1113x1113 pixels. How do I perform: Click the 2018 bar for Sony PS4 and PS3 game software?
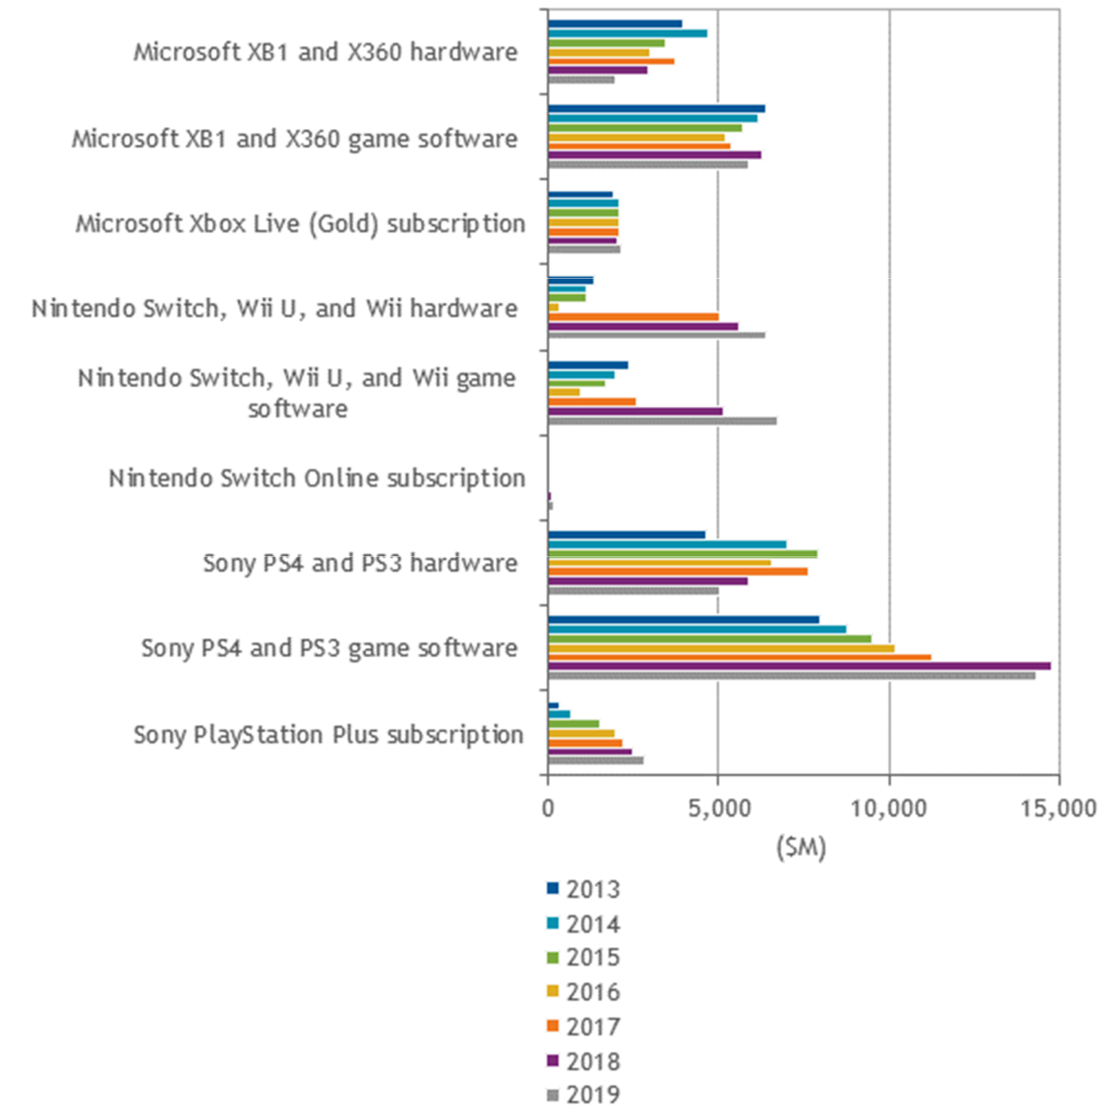[798, 666]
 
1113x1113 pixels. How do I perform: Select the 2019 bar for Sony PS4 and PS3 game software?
[791, 675]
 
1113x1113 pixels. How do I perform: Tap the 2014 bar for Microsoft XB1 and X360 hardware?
[627, 33]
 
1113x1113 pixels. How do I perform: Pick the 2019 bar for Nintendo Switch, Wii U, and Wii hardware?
[656, 336]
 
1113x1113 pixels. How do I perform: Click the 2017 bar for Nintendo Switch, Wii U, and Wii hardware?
[633, 317]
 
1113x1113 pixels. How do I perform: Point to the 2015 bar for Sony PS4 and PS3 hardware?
[682, 553]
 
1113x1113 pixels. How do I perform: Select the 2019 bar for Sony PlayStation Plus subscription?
[596, 760]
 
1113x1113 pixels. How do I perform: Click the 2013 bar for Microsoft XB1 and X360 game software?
[656, 109]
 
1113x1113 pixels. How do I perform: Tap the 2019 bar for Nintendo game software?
[662, 420]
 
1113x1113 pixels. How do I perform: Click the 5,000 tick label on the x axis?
[718, 808]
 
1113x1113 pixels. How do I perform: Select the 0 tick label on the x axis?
[548, 808]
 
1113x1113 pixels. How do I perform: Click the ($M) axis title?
[801, 848]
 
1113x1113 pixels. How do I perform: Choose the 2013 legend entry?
[584, 889]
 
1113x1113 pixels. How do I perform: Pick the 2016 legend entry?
[584, 992]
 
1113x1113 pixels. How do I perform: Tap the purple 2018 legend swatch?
[553, 1061]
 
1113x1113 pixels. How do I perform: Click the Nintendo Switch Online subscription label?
[317, 478]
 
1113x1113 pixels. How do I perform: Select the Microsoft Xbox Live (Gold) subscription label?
[300, 224]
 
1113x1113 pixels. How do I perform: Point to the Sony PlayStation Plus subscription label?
[328, 735]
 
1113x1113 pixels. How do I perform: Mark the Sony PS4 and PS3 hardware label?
[360, 564]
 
